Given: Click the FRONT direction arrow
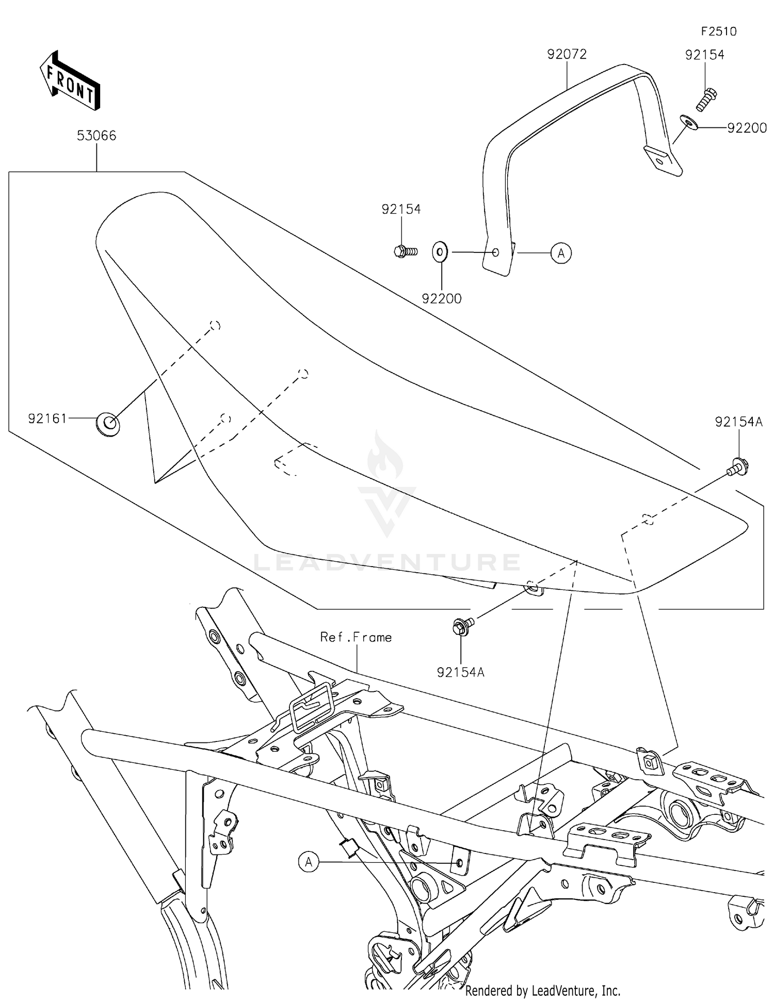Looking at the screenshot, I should [70, 81].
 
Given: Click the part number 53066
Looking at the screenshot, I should [96, 136].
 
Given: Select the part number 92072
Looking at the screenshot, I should [567, 54].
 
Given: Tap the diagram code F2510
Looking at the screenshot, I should [718, 31].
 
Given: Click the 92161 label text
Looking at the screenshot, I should [47, 418].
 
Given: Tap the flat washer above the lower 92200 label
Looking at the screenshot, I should [440, 252].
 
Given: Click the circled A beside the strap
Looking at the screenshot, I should [561, 253].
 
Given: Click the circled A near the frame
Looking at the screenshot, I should [309, 862].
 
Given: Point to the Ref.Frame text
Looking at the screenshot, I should [356, 637].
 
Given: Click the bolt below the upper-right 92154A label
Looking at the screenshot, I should [737, 468].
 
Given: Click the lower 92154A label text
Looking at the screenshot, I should [460, 672].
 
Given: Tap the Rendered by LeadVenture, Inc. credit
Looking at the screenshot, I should [542, 991].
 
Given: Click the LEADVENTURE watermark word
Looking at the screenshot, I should [386, 562].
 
